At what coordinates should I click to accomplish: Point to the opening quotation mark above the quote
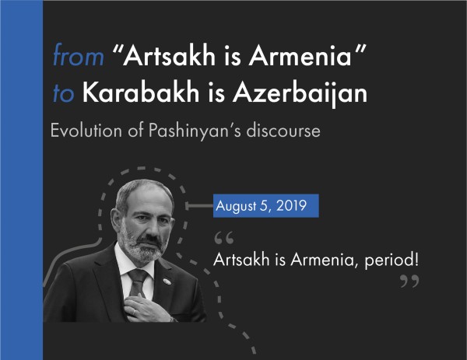point(223,236)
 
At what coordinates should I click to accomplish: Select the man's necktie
point(137,283)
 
